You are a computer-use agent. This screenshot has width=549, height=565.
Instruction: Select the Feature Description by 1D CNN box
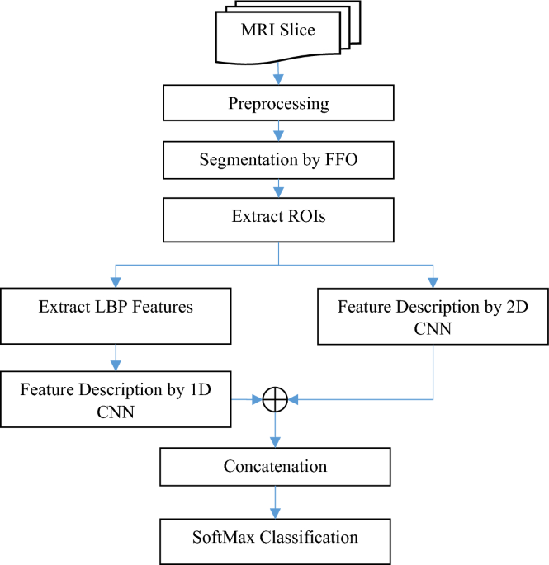116,399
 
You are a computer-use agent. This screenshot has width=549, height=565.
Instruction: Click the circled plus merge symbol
275,400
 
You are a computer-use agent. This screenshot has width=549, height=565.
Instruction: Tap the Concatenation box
275,467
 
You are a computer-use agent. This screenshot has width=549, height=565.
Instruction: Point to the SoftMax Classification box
276,538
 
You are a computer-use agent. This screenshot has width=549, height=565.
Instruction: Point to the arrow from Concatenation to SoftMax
276,501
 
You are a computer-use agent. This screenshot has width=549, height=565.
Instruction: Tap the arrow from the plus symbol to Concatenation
276,431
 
